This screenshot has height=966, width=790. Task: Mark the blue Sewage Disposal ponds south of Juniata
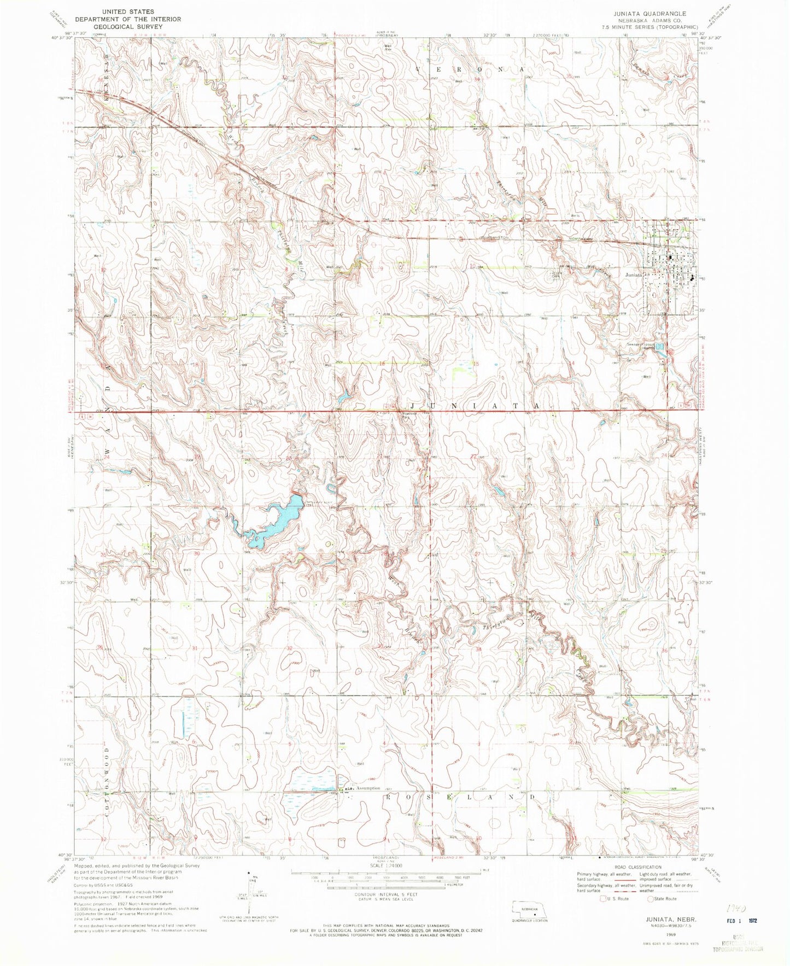tap(660, 347)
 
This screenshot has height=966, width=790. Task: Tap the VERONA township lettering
tap(470, 70)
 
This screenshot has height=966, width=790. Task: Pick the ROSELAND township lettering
tap(459, 797)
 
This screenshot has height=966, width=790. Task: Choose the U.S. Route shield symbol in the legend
tap(603, 898)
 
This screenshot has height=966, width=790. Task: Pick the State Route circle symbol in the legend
tap(651, 898)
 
